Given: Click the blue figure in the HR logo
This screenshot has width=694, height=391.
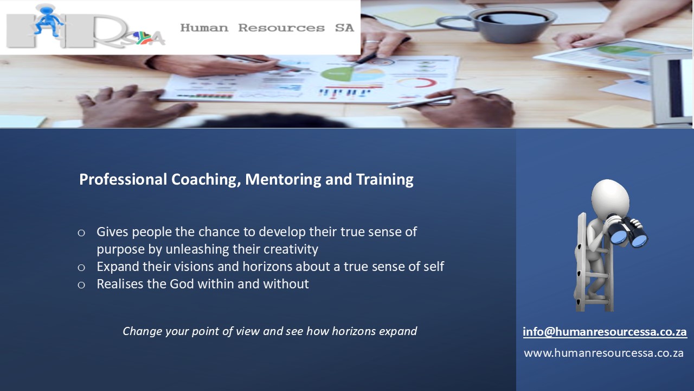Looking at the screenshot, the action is click(x=48, y=20).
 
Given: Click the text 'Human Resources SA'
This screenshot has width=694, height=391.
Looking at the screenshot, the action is click(x=267, y=28).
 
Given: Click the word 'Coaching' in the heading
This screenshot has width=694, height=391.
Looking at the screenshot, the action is click(x=206, y=180).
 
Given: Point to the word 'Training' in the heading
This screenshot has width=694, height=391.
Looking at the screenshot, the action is click(x=385, y=180).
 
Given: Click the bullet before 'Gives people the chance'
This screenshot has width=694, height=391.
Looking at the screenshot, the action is click(x=81, y=233).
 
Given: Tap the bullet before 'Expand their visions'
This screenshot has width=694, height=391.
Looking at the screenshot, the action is click(x=81, y=268).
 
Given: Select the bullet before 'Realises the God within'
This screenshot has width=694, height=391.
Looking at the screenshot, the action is click(x=81, y=285).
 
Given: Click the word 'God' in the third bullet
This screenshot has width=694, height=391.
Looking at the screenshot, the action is click(x=182, y=284).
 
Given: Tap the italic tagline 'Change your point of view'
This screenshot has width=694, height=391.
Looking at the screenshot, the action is click(x=269, y=331).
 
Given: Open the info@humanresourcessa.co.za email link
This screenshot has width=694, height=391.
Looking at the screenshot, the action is click(x=605, y=332).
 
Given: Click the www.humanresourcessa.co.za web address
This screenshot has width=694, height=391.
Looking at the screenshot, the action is click(x=603, y=353).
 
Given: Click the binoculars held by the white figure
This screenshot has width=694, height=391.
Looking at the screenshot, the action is click(x=627, y=231).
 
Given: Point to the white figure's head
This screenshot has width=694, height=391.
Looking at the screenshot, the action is click(x=610, y=198).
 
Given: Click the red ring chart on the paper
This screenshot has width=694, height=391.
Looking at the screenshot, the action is click(x=417, y=83).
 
